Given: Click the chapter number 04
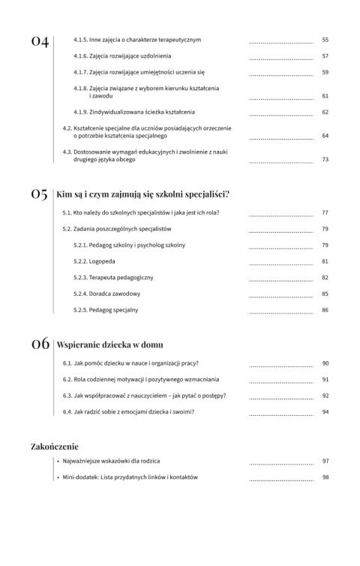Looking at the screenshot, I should pos(40,41).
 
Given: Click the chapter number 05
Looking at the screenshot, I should pos(40,194).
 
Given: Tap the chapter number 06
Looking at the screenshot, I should pos(40,345).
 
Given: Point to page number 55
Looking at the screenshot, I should pos(325,39).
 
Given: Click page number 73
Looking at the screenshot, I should pos(325,159).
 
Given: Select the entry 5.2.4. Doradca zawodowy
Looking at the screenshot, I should pos(111,294).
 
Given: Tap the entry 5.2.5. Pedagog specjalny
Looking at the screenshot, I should pos(111,310).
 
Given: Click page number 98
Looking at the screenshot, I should pos(325,477).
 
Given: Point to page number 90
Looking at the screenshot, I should pos(325,363).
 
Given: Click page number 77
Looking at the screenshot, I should pos(325,212).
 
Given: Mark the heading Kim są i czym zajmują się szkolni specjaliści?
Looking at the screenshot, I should pos(142,194).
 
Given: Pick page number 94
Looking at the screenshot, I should pos(325,412).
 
